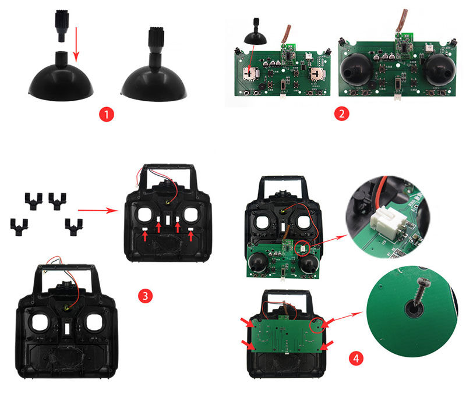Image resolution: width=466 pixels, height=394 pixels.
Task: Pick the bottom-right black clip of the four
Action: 73,228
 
